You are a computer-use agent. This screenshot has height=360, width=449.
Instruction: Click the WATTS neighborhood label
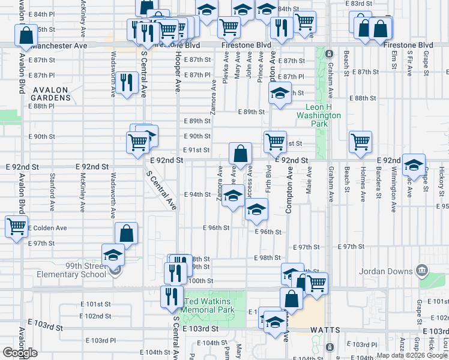pyautogui.click(x=325, y=331)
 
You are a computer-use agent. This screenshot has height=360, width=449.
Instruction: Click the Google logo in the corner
pyautogui.click(x=20, y=353)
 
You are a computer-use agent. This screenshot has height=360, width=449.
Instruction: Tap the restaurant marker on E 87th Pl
pyautogui.click(x=126, y=82)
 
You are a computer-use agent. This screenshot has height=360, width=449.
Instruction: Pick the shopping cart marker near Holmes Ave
pyautogui.click(x=360, y=142)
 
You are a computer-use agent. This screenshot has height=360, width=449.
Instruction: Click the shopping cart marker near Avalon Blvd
pyautogui.click(x=16, y=227)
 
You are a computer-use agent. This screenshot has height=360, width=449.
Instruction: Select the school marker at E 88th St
pyautogui.click(x=279, y=94)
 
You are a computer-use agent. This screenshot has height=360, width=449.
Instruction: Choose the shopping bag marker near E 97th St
pyautogui.click(x=127, y=233)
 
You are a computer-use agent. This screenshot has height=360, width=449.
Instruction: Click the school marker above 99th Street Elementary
pyautogui.click(x=113, y=255)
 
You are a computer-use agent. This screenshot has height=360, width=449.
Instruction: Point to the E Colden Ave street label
pyautogui.click(x=49, y=228)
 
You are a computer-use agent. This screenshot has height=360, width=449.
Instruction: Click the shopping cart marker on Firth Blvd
pyautogui.click(x=275, y=142)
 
